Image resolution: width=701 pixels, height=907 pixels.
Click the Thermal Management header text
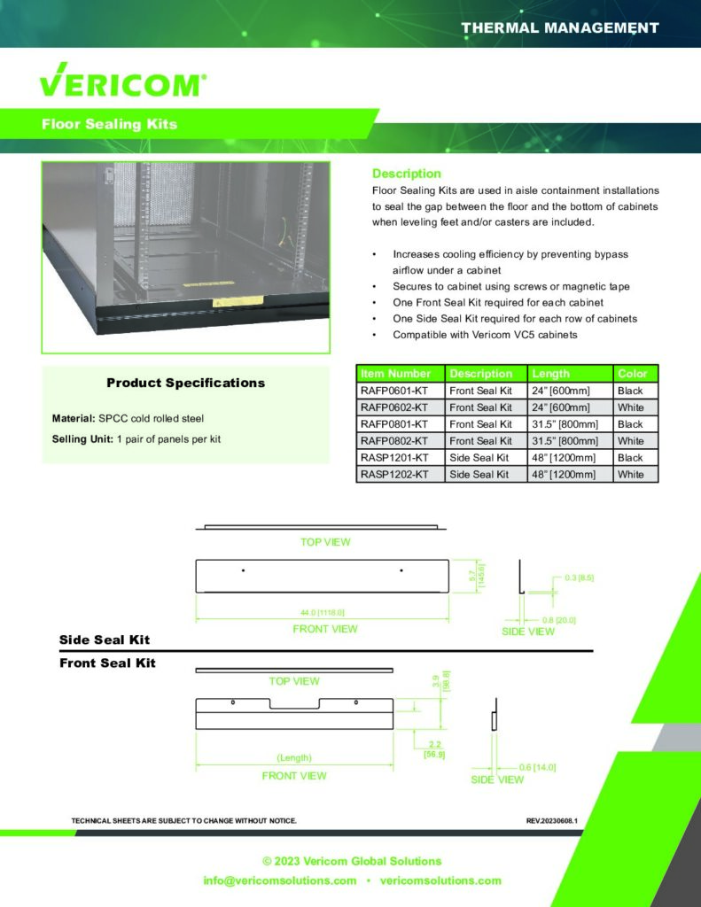pyautogui.click(x=559, y=27)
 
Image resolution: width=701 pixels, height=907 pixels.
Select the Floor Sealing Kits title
pyautogui.click(x=109, y=124)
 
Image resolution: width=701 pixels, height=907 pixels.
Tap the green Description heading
pyautogui.click(x=406, y=174)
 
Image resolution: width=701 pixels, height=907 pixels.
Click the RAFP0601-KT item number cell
pyautogui.click(x=394, y=391)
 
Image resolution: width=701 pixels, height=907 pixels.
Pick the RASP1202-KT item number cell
pyautogui.click(x=394, y=475)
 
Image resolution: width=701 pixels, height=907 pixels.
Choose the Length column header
pyautogui.click(x=550, y=374)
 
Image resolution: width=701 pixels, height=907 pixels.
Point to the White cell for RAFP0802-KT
pyautogui.click(x=631, y=441)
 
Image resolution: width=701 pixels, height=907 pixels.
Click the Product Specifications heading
pyautogui.click(x=185, y=383)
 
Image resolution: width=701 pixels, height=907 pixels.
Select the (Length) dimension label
pyautogui.click(x=293, y=757)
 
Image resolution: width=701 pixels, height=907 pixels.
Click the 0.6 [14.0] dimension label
pyautogui.click(x=538, y=767)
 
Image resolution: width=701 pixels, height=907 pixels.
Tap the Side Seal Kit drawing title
pyautogui.click(x=105, y=640)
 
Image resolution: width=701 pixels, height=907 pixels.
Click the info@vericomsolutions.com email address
pyautogui.click(x=279, y=880)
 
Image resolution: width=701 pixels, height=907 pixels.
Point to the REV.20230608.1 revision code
pyautogui.click(x=551, y=820)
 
